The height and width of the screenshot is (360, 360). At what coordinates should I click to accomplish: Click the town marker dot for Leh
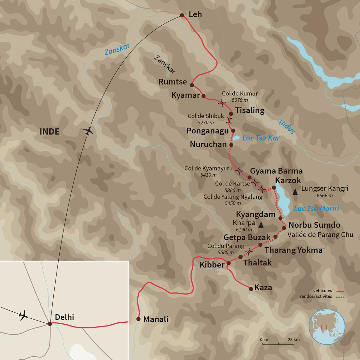click(182, 15)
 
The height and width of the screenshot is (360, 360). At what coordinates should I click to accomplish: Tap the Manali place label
click(156, 319)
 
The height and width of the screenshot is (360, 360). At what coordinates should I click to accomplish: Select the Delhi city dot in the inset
click(50, 324)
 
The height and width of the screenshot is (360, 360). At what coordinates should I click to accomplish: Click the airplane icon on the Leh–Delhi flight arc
click(89, 131)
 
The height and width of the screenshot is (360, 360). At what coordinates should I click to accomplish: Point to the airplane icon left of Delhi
click(23, 315)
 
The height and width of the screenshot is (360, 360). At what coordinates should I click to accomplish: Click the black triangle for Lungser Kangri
click(295, 191)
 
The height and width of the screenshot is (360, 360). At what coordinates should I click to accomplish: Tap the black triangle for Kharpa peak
click(261, 225)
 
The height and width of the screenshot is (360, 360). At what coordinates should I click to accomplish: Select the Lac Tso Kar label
click(261, 138)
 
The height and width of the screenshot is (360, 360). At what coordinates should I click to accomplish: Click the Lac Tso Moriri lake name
click(316, 208)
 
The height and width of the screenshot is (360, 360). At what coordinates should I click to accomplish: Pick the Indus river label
click(287, 127)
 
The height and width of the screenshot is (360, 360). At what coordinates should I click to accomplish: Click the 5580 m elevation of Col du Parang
click(225, 252)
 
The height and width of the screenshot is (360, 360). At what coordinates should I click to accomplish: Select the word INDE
click(49, 132)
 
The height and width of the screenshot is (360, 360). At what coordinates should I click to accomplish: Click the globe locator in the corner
click(327, 327)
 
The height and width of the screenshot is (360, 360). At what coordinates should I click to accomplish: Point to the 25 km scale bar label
click(294, 339)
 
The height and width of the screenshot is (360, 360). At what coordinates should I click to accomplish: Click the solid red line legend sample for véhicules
click(340, 291)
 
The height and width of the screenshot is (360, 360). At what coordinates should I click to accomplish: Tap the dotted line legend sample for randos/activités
click(340, 297)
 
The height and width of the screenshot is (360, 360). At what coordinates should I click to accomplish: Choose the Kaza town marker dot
click(251, 289)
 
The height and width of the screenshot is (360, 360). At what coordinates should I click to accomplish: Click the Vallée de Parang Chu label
click(320, 235)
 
